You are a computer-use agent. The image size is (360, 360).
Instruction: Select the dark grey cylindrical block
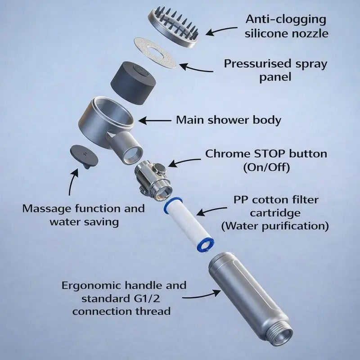tap(134, 83)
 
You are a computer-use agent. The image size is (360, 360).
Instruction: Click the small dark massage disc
tap(84, 156)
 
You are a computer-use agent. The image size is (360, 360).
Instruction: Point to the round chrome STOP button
tap(159, 168)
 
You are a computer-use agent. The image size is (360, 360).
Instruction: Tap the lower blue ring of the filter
tap(206, 245)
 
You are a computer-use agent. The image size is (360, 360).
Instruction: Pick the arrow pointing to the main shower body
tap(154, 121)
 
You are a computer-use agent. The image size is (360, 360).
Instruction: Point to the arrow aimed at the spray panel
tap(196, 68)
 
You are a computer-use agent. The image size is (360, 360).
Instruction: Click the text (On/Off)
tap(266, 167)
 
